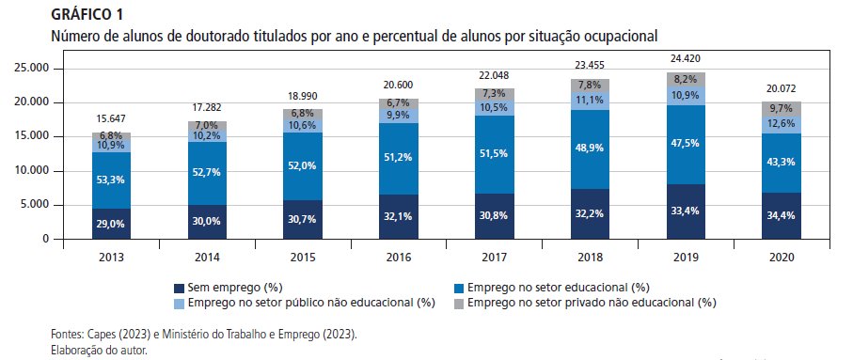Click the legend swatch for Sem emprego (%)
pos(181,288)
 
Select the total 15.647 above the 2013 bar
pos(112,119)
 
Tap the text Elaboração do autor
pos(99,349)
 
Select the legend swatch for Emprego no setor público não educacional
pos(181,303)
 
